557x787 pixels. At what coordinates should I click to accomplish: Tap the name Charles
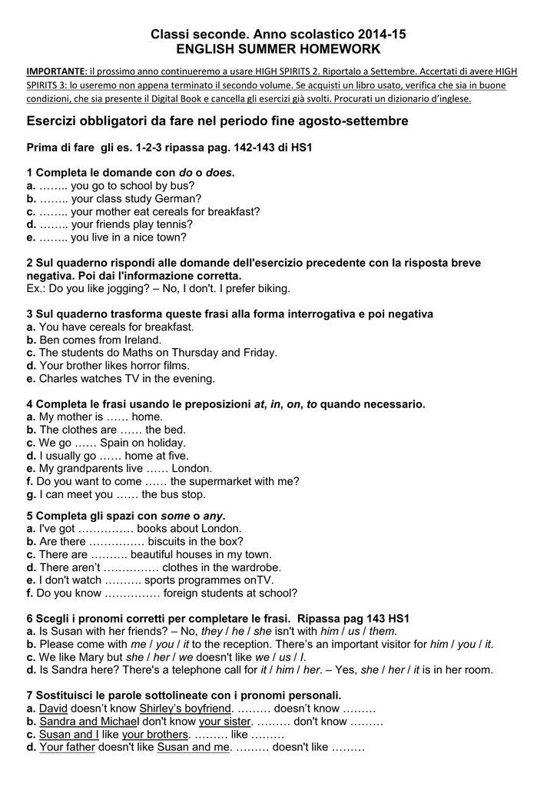coord(59,379)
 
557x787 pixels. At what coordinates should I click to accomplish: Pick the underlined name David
coord(54,709)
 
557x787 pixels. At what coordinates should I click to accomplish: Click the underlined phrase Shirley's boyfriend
coord(185,709)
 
